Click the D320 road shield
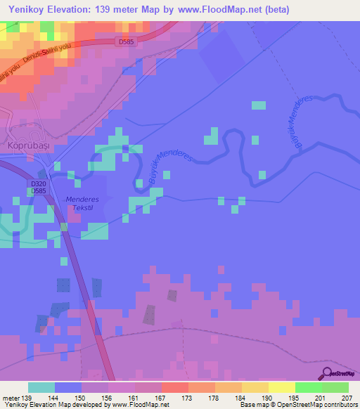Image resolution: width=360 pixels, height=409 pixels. [x=39, y=183]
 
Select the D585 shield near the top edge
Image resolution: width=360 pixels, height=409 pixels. [x=126, y=42]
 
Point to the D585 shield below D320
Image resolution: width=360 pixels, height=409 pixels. [x=39, y=190]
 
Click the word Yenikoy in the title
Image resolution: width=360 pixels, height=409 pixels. [x=27, y=8]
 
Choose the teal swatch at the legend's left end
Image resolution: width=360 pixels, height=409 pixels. [x=41, y=387]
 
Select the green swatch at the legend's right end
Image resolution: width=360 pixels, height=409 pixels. [x=335, y=387]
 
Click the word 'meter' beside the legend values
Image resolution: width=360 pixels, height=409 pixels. [x=9, y=398]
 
